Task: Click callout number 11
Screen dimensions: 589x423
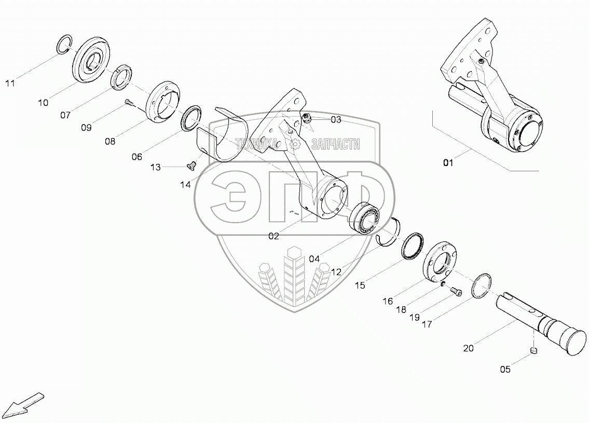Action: [x=11, y=83]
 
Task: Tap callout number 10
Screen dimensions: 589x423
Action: [x=43, y=103]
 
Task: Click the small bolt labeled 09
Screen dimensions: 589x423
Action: [x=128, y=104]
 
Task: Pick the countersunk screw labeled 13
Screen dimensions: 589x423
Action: [x=190, y=165]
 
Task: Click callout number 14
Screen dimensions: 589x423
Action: [x=185, y=184]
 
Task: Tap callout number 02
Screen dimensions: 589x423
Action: [x=274, y=236]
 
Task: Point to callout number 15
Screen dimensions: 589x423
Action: [x=361, y=285]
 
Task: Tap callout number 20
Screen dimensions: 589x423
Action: [x=468, y=349]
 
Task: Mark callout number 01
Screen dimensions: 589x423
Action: [x=448, y=163]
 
